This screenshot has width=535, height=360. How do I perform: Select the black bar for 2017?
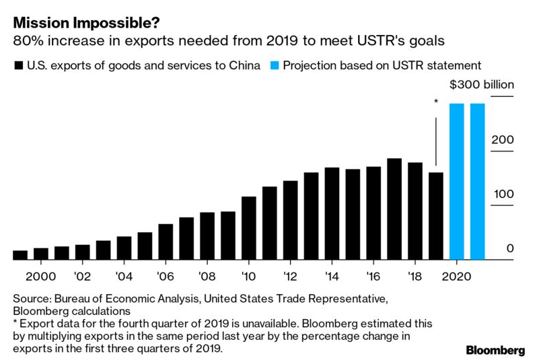point(394,209)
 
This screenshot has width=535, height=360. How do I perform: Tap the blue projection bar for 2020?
point(456,182)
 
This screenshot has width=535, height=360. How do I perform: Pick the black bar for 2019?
point(436,215)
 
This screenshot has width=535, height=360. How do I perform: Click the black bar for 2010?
point(248,227)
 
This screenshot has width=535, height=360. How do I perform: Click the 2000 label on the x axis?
point(41,277)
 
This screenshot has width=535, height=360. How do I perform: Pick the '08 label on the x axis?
point(207,277)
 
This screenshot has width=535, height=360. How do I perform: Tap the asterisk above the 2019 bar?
point(436,102)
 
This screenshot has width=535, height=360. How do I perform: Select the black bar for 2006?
point(166,242)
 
